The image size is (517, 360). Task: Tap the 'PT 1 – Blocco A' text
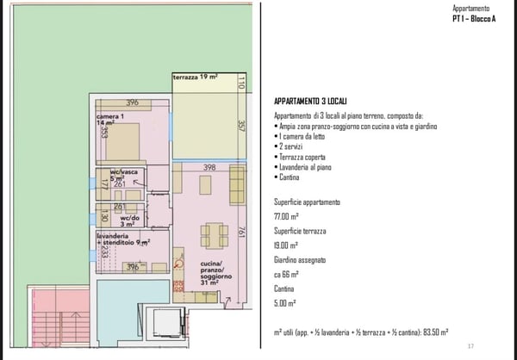474,18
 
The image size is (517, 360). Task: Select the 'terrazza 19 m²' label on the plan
194,78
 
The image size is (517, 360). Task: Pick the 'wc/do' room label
130,220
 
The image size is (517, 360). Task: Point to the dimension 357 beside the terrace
241,126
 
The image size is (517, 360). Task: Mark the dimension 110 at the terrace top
242,84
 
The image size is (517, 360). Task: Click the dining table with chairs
214,235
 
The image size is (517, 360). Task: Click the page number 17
471,344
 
